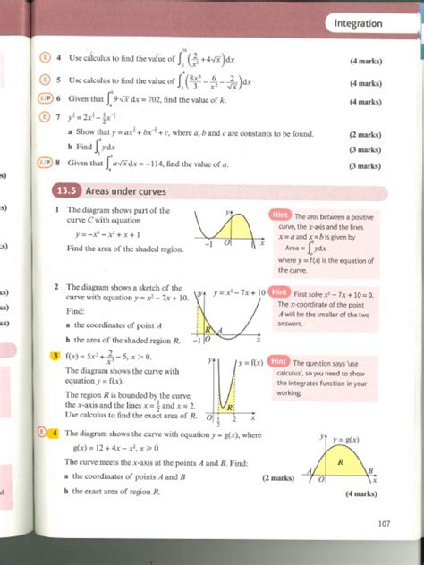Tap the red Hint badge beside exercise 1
click(279, 216)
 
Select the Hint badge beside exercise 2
click(278, 292)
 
